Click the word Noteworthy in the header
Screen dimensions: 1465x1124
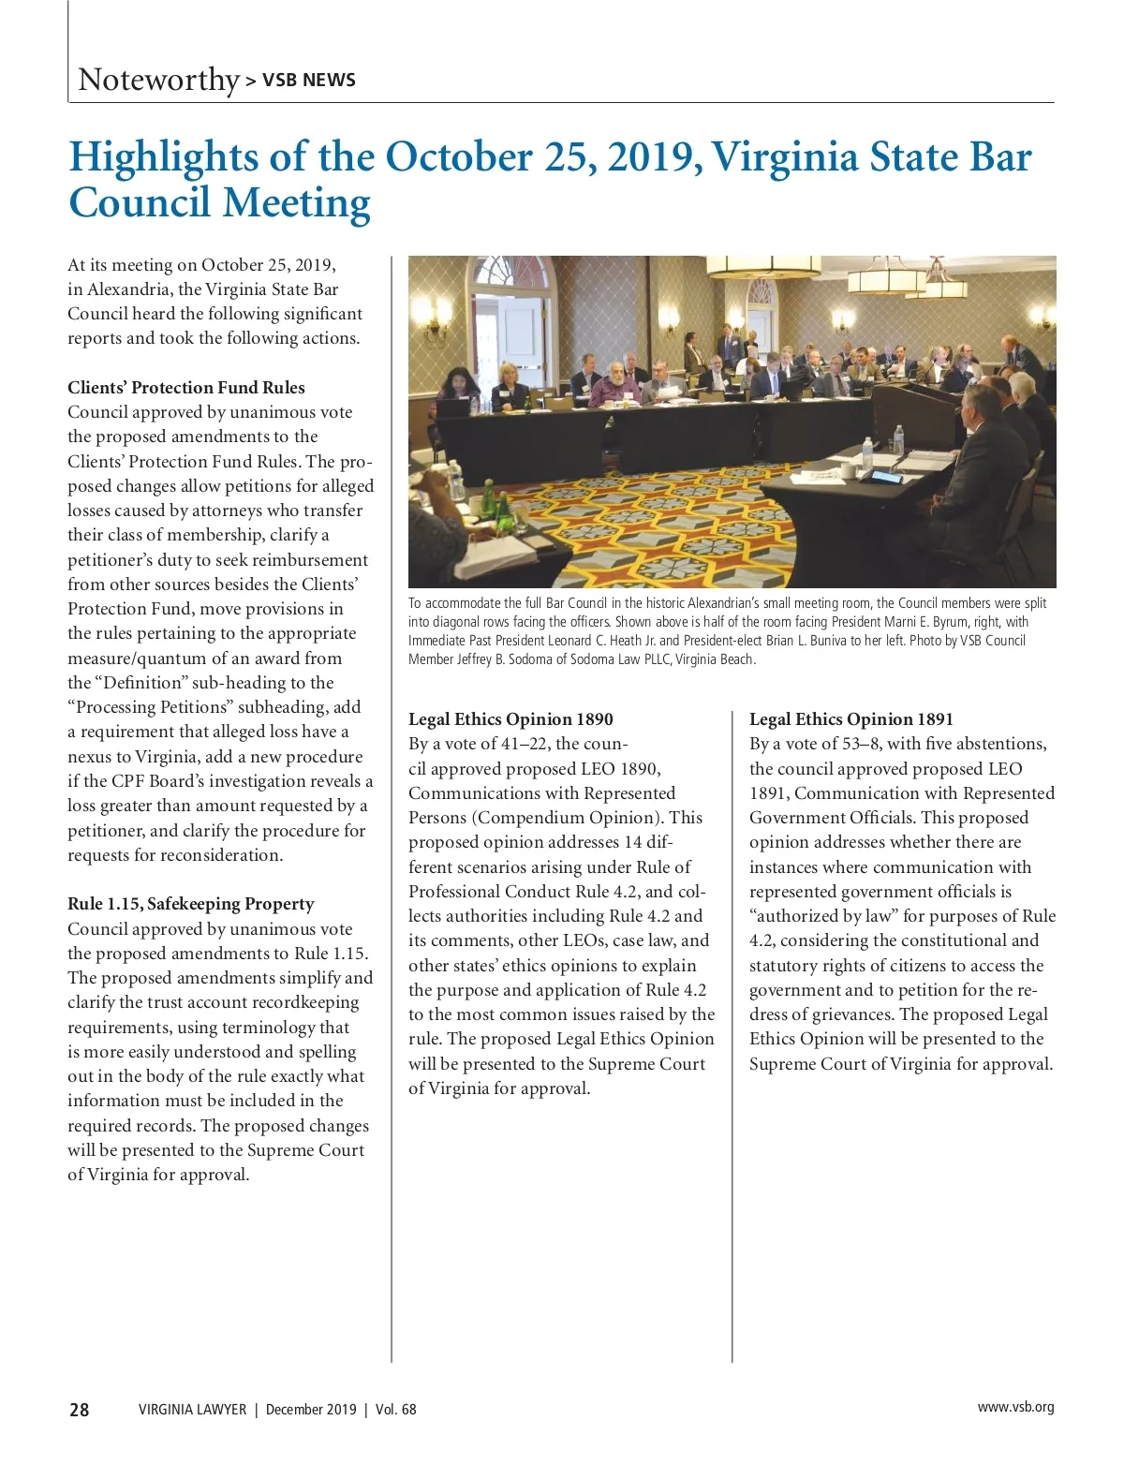[159, 80]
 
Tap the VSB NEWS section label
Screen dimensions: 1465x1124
[308, 81]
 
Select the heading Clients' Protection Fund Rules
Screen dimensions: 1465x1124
[185, 388]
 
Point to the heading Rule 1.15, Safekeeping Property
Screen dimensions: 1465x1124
[190, 904]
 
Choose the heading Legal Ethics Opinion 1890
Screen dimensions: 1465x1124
[510, 719]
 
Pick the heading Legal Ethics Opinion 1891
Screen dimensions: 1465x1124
[850, 719]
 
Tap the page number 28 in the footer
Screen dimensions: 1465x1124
[80, 1410]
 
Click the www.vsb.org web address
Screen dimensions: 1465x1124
[1015, 1407]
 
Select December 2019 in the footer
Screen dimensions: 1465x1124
[311, 1410]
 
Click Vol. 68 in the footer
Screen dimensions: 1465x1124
[395, 1410]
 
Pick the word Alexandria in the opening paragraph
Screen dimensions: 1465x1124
[127, 289]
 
